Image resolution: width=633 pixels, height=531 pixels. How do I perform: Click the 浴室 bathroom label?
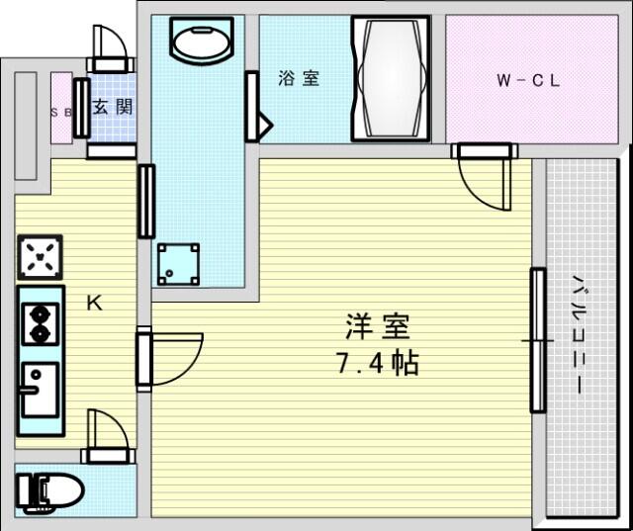pos(299,78)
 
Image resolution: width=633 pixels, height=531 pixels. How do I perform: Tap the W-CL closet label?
pos(528,81)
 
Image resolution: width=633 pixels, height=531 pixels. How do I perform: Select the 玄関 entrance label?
pos(113,107)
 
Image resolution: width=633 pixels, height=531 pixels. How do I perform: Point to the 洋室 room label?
pos(378,326)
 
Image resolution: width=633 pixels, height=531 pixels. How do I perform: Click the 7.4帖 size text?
pos(378,364)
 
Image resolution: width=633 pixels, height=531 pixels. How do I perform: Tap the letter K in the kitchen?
pos(95,303)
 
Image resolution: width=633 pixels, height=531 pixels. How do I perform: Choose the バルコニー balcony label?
pos(580,335)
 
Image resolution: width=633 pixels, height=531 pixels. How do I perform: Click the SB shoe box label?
pos(61,113)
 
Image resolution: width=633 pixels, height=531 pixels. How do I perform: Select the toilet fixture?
pos(49,491)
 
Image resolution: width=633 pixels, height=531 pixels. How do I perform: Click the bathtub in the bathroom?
pos(391,79)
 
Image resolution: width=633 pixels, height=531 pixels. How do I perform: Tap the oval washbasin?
pos(202,41)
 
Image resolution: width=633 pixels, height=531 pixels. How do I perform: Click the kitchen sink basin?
pos(40,390)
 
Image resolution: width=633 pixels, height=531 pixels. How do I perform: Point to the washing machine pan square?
pos(178,264)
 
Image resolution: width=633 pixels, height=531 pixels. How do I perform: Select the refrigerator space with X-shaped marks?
pos(40,257)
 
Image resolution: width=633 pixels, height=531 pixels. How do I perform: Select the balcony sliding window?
pos(538,341)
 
